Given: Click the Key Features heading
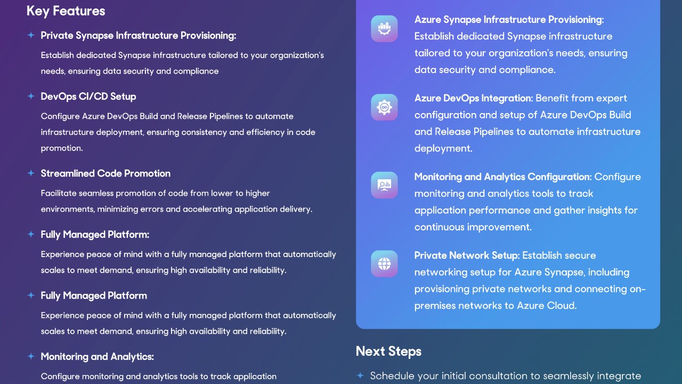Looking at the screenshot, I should [66, 11].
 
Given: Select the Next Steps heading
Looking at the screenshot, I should [388, 351].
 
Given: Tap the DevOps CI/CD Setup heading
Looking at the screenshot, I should [88, 97].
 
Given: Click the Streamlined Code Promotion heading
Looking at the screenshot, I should [105, 173].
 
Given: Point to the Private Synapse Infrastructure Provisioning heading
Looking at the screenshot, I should [139, 36].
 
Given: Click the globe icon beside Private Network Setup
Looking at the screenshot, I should [384, 263].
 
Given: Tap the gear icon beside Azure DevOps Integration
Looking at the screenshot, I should [384, 107].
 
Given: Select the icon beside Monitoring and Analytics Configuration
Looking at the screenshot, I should [384, 185].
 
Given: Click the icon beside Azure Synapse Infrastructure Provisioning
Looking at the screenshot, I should [384, 29].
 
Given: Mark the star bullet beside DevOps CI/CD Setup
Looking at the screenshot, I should [31, 97].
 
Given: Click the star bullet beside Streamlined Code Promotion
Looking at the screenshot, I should [31, 173].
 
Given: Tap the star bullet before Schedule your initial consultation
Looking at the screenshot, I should [360, 375].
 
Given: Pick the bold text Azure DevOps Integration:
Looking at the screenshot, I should [474, 98].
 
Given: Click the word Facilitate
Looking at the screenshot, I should [59, 193].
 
